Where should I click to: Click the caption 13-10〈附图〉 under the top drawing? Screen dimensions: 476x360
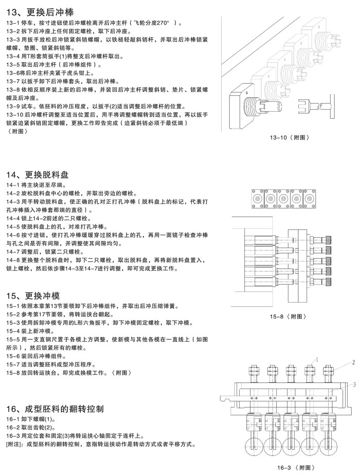click(x=290, y=137)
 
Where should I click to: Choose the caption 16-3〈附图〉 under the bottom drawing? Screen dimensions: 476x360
click(x=294, y=467)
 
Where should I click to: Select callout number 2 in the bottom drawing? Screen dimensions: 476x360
click(x=354, y=362)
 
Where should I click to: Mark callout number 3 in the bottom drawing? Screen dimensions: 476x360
click(x=354, y=384)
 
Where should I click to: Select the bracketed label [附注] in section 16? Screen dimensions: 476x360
click(x=14, y=444)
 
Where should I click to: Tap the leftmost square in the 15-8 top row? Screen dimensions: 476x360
click(x=255, y=197)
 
